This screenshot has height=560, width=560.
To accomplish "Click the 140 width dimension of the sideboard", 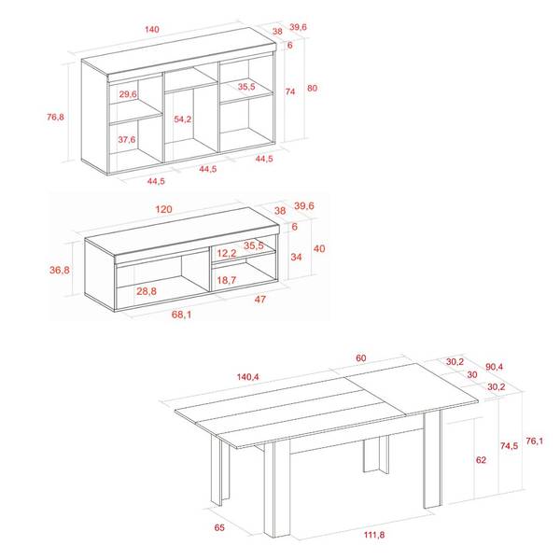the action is pos(152,29).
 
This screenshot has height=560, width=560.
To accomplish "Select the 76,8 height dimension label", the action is pos(55,117).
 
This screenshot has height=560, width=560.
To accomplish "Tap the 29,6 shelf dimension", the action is pos(128,94).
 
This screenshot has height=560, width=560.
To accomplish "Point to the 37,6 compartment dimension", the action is pos(127,139).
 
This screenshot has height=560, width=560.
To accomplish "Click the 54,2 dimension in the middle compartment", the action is pos(183,119).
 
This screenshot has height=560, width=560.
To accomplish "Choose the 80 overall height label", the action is pos(312,88).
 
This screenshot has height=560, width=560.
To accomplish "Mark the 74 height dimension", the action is pos(290,91).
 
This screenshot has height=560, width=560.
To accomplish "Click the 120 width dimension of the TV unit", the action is pos(164,209).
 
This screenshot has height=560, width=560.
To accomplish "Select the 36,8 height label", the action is pos(60,270).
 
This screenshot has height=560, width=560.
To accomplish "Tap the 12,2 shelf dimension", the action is pos(227,253).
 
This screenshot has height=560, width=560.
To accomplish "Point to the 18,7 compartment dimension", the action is pos(227,280).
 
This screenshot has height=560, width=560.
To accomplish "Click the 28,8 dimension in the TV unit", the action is pos(147,291).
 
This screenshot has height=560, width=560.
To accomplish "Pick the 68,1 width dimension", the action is pos(181,315).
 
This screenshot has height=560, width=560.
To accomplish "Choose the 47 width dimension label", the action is pos(260,300).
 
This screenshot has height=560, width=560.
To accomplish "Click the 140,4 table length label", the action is pos(248,377).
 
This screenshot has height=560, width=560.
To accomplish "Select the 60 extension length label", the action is pos(360,357).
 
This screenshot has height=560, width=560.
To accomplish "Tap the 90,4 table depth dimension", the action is pos(495,367).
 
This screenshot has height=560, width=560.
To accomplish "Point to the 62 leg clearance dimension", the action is pos(481,459).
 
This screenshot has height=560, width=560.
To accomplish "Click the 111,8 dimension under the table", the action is pos(374,535).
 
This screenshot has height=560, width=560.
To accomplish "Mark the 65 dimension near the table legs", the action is pos(219,527).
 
